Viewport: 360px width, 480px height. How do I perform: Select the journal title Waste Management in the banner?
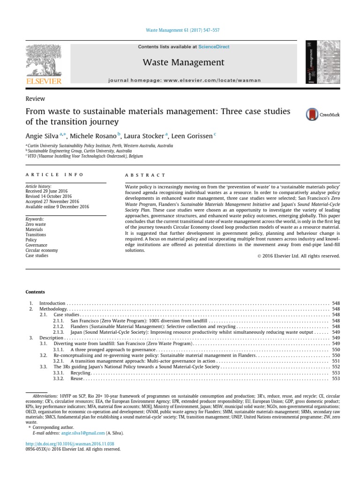(x=183, y=62)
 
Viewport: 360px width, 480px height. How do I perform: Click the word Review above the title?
(x=35, y=98)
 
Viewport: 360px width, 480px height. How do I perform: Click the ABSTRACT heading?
(x=145, y=175)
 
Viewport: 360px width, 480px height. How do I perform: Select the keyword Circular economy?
(x=42, y=250)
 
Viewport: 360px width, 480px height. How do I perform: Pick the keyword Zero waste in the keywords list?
(x=36, y=225)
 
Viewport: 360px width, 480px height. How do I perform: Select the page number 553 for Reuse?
(x=336, y=378)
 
